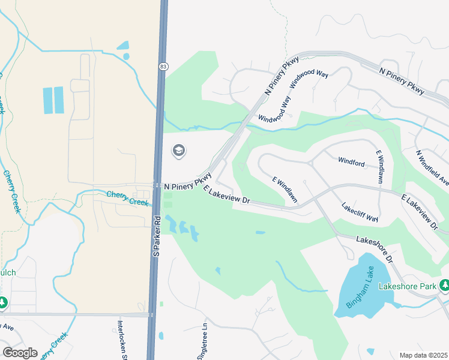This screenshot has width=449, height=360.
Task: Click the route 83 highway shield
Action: pyautogui.click(x=163, y=67)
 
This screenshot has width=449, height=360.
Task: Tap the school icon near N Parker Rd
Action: pyautogui.click(x=178, y=151)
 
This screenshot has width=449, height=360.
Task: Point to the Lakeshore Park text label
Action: pyautogui.click(x=407, y=286)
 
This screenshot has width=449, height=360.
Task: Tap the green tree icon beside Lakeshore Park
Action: pyautogui.click(x=445, y=284)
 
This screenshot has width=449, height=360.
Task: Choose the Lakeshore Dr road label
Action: pyautogui.click(x=373, y=250)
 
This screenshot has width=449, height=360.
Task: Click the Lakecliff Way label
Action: pyautogui.click(x=360, y=211)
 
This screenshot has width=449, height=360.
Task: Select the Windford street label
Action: pyautogui.click(x=351, y=161)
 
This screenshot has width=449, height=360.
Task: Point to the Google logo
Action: pyautogui.click(x=20, y=352)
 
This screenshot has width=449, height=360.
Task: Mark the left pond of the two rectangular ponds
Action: pyautogui.click(x=48, y=100)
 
